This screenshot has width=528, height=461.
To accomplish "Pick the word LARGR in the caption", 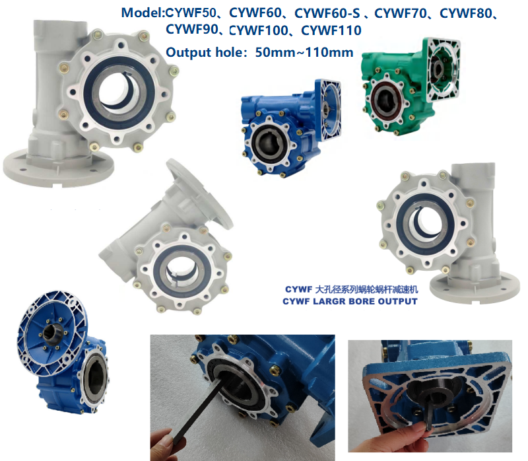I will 335,301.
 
